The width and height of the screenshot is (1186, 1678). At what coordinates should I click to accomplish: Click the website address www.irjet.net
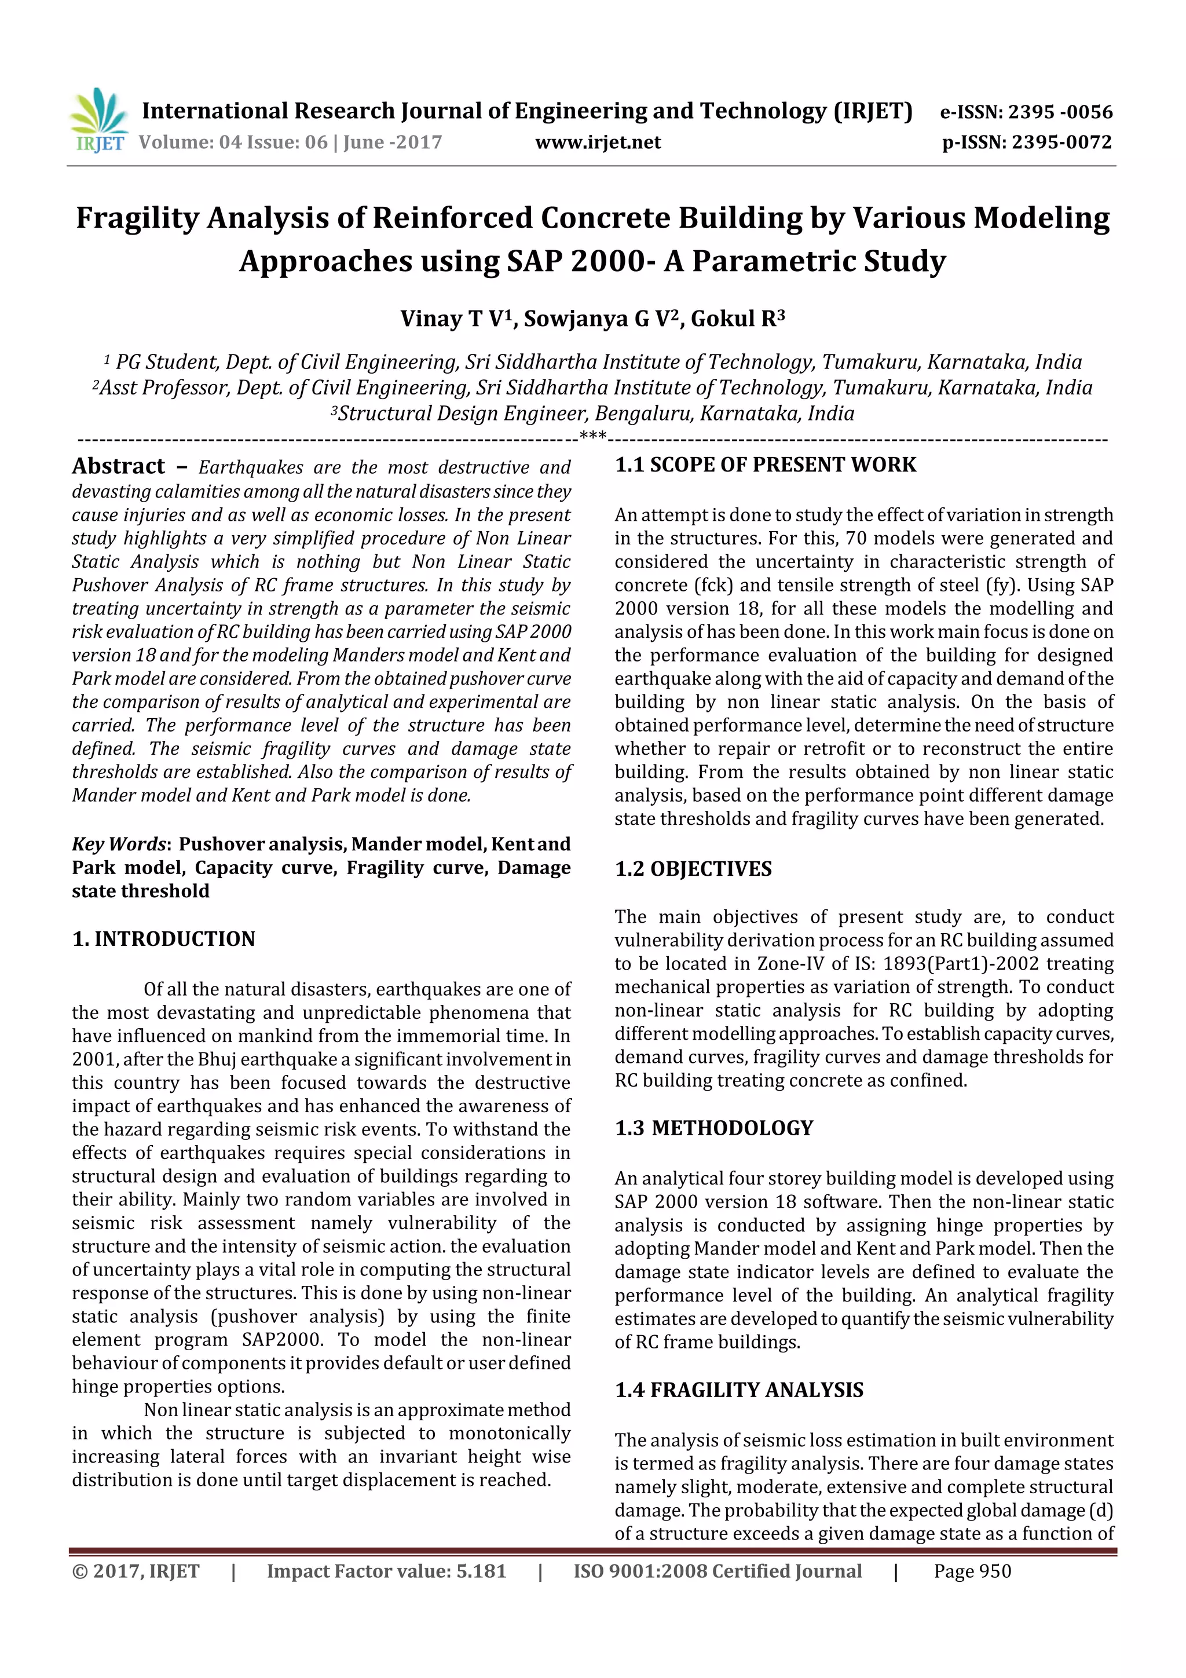pyautogui.click(x=598, y=142)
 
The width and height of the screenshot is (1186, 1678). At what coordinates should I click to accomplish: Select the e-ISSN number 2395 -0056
pyautogui.click(x=1060, y=112)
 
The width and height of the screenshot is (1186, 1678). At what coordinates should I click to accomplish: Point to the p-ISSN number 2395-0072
pyautogui.click(x=1061, y=142)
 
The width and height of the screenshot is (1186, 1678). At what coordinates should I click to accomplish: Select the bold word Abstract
pyautogui.click(x=118, y=466)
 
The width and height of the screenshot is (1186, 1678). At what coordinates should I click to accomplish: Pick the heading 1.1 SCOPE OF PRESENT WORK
pyautogui.click(x=765, y=465)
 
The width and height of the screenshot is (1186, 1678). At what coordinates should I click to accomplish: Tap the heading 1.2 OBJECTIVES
pyautogui.click(x=693, y=869)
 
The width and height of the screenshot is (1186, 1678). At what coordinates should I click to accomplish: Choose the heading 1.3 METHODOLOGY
pyautogui.click(x=713, y=1128)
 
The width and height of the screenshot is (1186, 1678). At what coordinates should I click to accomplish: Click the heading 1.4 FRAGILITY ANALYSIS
pyautogui.click(x=739, y=1390)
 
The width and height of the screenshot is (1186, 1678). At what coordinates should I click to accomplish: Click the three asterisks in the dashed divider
pyautogui.click(x=592, y=437)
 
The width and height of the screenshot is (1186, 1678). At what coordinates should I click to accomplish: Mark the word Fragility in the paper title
pyautogui.click(x=137, y=218)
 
